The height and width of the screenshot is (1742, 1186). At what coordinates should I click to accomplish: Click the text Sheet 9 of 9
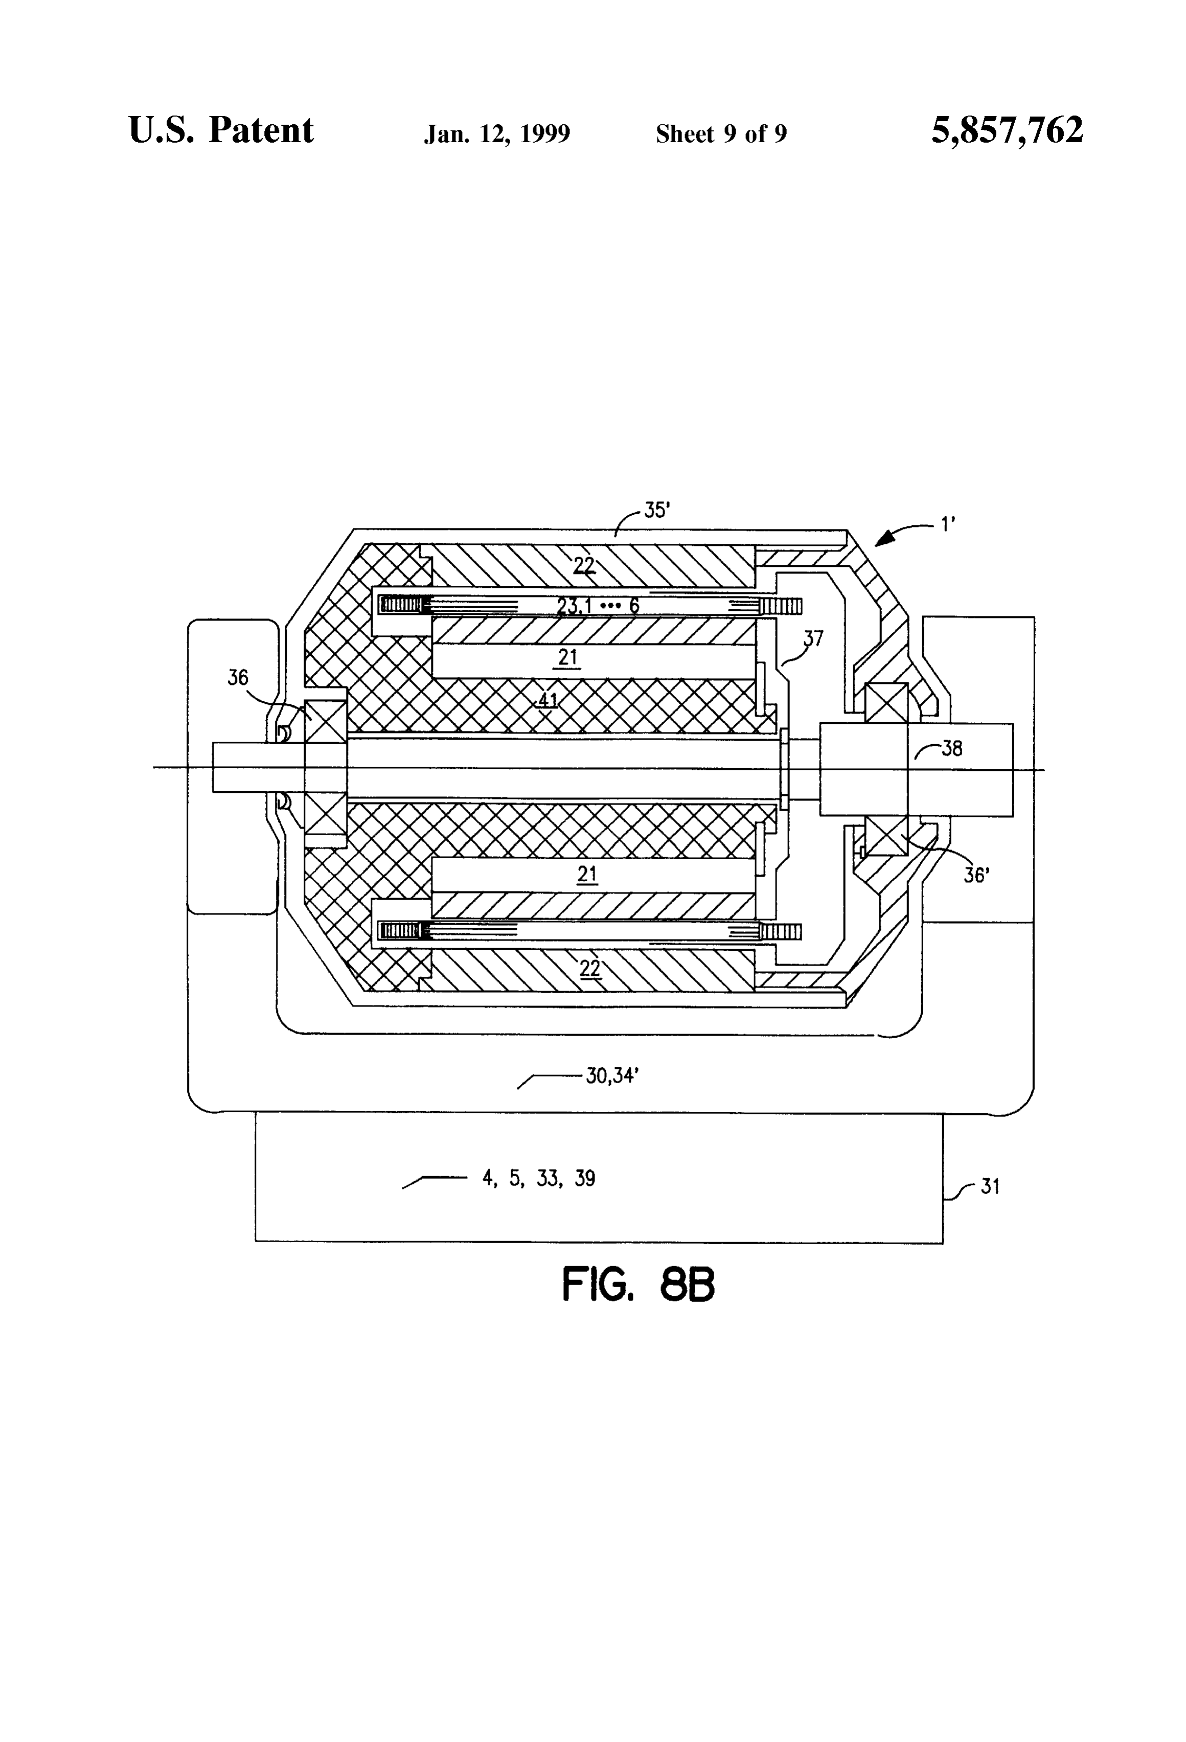coord(721,133)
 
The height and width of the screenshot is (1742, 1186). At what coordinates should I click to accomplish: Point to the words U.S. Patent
coord(221,130)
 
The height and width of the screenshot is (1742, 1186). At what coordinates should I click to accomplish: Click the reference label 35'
coord(657,511)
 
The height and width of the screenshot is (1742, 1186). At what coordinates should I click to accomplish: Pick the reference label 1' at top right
coord(948,525)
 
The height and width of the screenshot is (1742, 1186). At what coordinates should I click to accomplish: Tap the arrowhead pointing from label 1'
coord(884,537)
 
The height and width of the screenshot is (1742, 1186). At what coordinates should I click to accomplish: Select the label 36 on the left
coord(238,678)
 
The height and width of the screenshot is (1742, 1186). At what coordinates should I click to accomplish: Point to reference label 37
coord(813,638)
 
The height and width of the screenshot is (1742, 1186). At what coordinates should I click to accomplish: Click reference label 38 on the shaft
coord(951,748)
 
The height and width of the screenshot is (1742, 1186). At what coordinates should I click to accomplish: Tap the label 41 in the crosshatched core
coord(548,701)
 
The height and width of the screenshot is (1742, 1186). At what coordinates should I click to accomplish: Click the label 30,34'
coord(612,1076)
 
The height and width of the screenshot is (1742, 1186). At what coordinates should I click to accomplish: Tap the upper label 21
coord(568,657)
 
